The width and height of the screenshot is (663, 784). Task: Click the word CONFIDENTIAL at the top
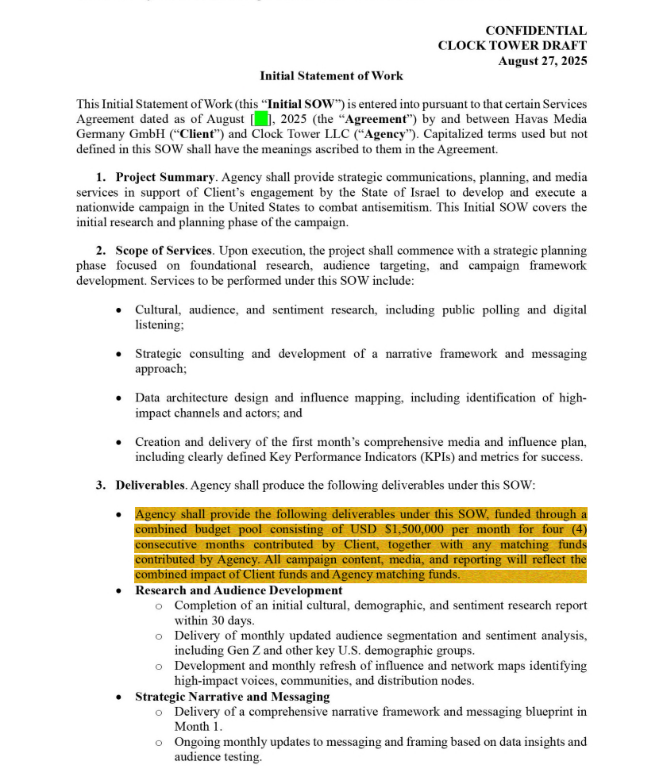(x=536, y=31)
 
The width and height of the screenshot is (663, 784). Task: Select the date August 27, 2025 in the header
(x=542, y=61)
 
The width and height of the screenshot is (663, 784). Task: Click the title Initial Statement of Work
(x=331, y=76)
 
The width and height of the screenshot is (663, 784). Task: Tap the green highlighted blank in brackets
(x=262, y=120)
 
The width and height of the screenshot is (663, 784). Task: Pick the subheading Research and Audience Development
(x=238, y=590)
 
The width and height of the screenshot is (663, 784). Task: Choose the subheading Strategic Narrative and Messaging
(x=232, y=697)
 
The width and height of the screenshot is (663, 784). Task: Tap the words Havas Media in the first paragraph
(x=551, y=120)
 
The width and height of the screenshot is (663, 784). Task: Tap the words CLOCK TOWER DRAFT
(x=512, y=46)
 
